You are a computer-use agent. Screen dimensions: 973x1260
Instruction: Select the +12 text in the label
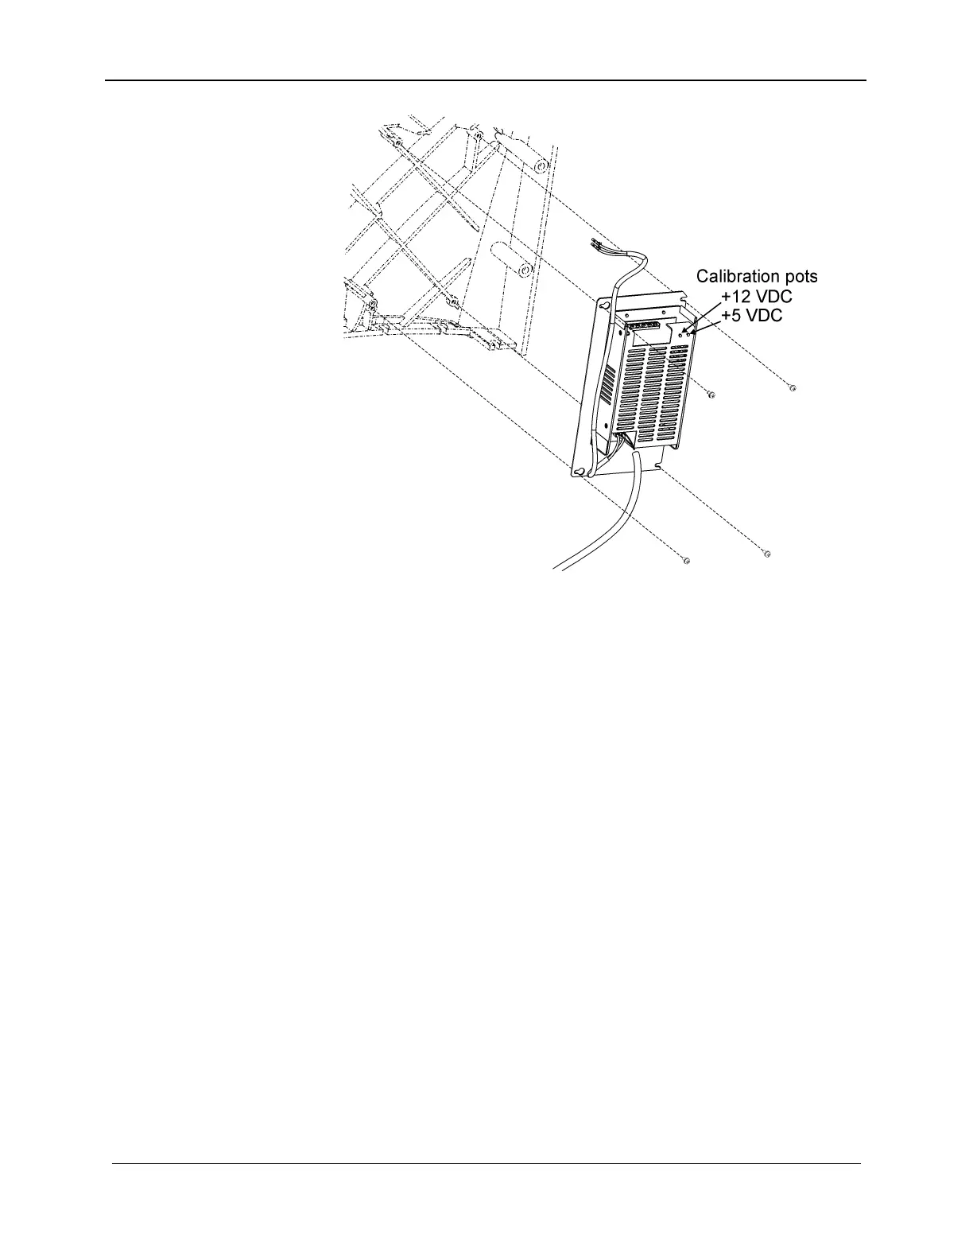[x=734, y=296]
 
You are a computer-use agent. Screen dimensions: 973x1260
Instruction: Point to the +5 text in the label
[x=731, y=315]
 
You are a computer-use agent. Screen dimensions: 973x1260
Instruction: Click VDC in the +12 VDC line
[x=771, y=296]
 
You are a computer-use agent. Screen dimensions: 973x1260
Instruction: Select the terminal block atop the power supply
[x=641, y=325]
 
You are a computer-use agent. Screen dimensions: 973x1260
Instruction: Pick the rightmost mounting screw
[x=793, y=388]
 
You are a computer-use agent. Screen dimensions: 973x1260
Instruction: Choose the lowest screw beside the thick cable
[x=687, y=562]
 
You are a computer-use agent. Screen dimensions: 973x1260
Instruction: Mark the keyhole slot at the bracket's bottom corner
[x=580, y=471]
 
